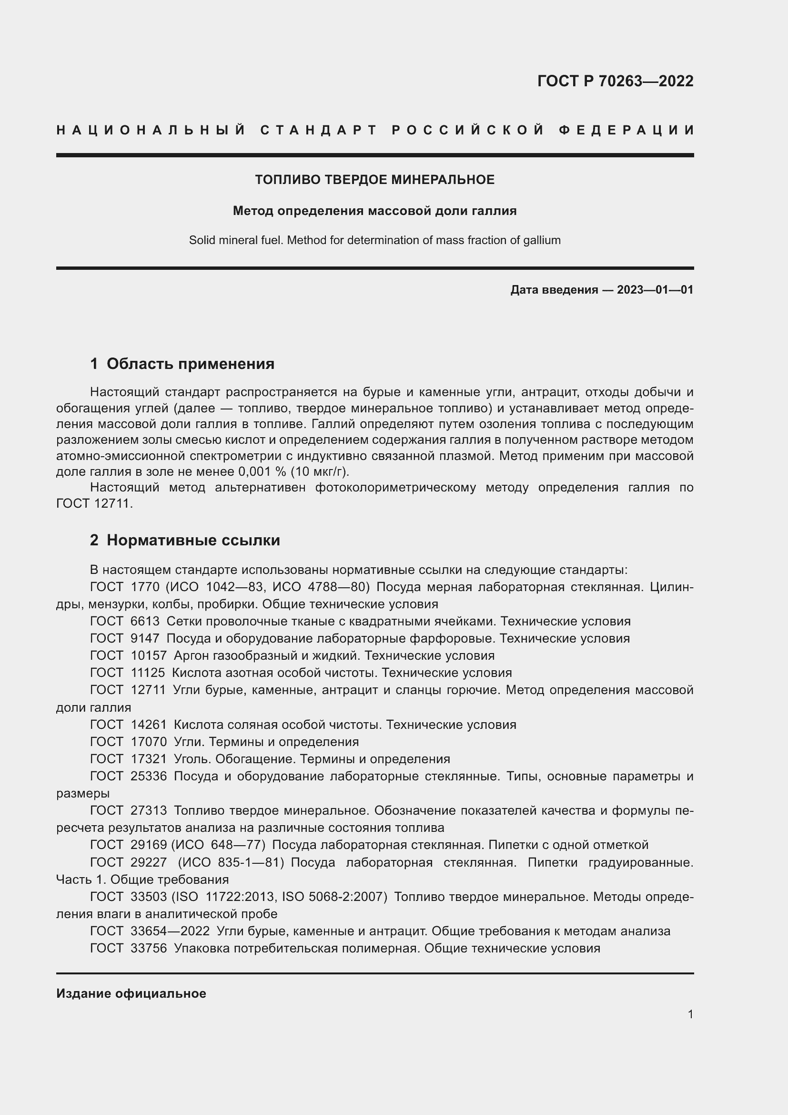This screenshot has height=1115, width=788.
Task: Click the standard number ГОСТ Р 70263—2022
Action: coord(615,81)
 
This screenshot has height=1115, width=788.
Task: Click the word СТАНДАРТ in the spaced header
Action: coord(318,130)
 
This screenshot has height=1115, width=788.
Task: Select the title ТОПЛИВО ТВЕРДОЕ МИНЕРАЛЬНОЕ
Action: coord(374,180)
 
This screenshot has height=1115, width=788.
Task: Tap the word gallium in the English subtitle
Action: coord(542,240)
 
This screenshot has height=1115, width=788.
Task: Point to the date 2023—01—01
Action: coord(655,290)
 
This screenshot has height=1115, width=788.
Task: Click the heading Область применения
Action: coord(190,364)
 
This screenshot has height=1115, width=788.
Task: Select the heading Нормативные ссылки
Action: coord(193,540)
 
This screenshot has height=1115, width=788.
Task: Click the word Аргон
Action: coord(193,655)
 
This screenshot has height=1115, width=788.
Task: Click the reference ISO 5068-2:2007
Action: coord(334,897)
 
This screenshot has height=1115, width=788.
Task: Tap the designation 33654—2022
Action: coord(170,931)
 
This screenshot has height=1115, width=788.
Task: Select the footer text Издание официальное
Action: coord(131,993)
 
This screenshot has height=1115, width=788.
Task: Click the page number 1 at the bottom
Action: coord(690,1014)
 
